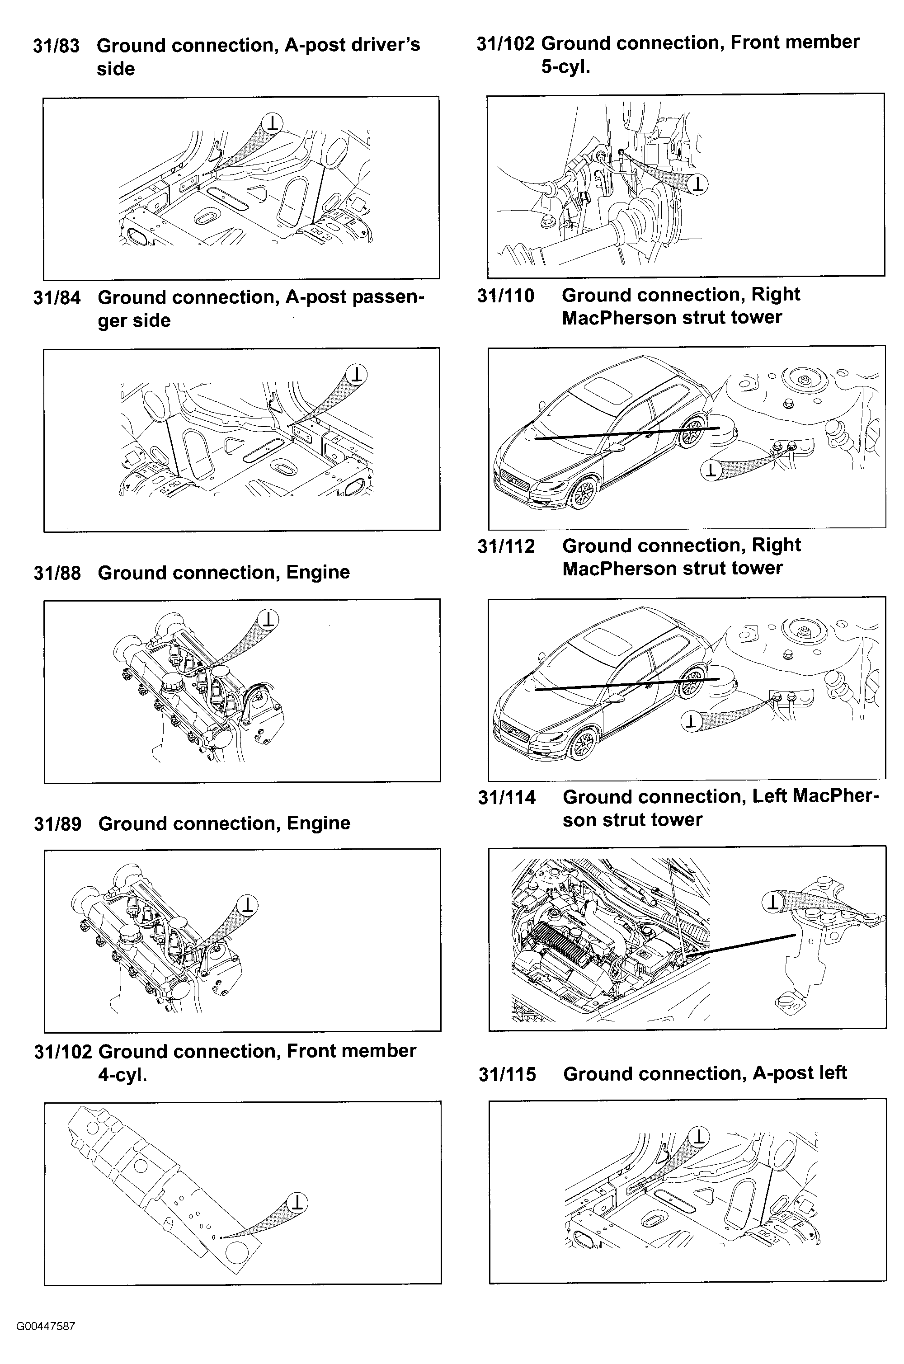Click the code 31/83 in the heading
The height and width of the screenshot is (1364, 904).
tap(56, 46)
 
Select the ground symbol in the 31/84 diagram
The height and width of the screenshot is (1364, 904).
tap(357, 374)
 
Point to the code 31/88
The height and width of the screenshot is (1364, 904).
tap(57, 573)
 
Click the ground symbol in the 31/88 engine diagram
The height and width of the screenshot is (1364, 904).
tap(268, 619)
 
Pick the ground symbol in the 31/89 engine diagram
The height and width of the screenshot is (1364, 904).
tap(247, 904)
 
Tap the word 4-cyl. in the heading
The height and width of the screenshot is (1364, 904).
tap(122, 1075)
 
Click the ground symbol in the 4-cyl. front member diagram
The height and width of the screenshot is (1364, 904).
tap(297, 1202)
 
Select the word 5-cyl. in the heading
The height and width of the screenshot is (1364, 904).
tap(565, 67)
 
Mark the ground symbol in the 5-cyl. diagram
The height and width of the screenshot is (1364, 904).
tap(698, 184)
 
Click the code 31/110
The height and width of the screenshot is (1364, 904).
tap(506, 296)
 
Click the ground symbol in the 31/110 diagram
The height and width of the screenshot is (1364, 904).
tap(711, 470)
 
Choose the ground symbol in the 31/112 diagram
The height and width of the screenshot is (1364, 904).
tap(691, 720)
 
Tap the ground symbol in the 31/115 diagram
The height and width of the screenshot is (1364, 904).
tap(699, 1136)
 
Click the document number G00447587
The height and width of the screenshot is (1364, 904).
tap(46, 1326)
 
